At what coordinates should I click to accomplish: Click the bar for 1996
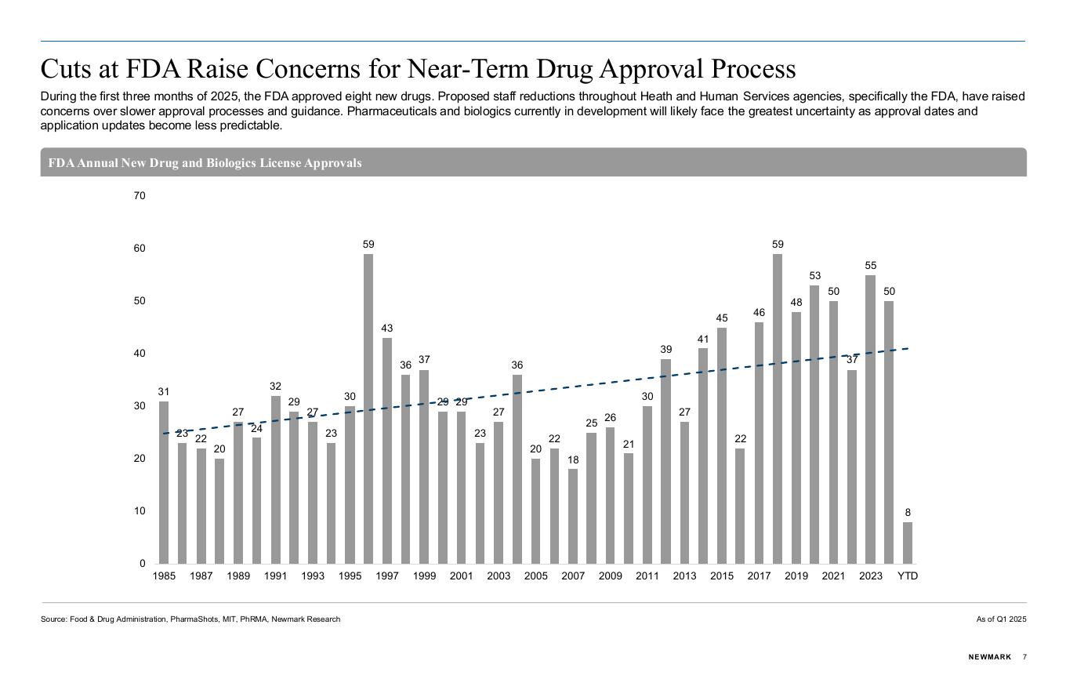368,409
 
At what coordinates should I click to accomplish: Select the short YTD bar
908,543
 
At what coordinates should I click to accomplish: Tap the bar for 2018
777,409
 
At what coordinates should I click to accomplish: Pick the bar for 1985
164,482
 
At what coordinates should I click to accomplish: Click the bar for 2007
573,516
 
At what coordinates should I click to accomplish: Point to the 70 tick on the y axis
140,196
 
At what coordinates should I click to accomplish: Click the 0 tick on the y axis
143,563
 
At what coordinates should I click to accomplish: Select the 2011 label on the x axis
647,576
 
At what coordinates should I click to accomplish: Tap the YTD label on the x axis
908,576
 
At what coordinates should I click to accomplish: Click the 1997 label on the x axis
387,576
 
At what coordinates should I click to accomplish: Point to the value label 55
870,265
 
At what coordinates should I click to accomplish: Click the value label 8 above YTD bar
908,512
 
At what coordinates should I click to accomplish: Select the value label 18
573,459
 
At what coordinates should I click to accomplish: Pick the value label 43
387,328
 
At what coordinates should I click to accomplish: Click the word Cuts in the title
65,68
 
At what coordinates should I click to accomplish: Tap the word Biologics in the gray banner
230,163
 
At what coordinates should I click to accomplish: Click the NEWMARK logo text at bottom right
990,657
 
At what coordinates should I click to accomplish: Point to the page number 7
1024,657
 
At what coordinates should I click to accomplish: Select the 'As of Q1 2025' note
1001,619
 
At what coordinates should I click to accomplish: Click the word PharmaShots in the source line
194,619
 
